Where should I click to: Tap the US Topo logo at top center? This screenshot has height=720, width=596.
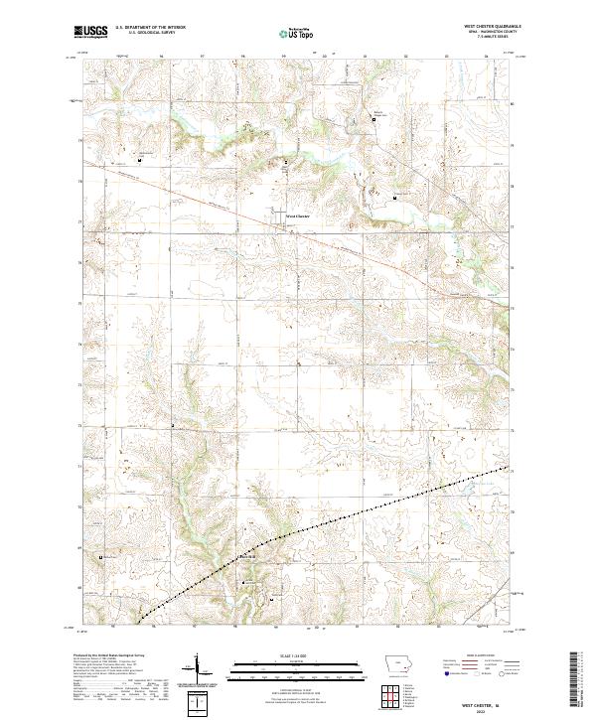pos(296,33)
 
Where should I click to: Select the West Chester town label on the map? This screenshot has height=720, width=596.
pos(298,216)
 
